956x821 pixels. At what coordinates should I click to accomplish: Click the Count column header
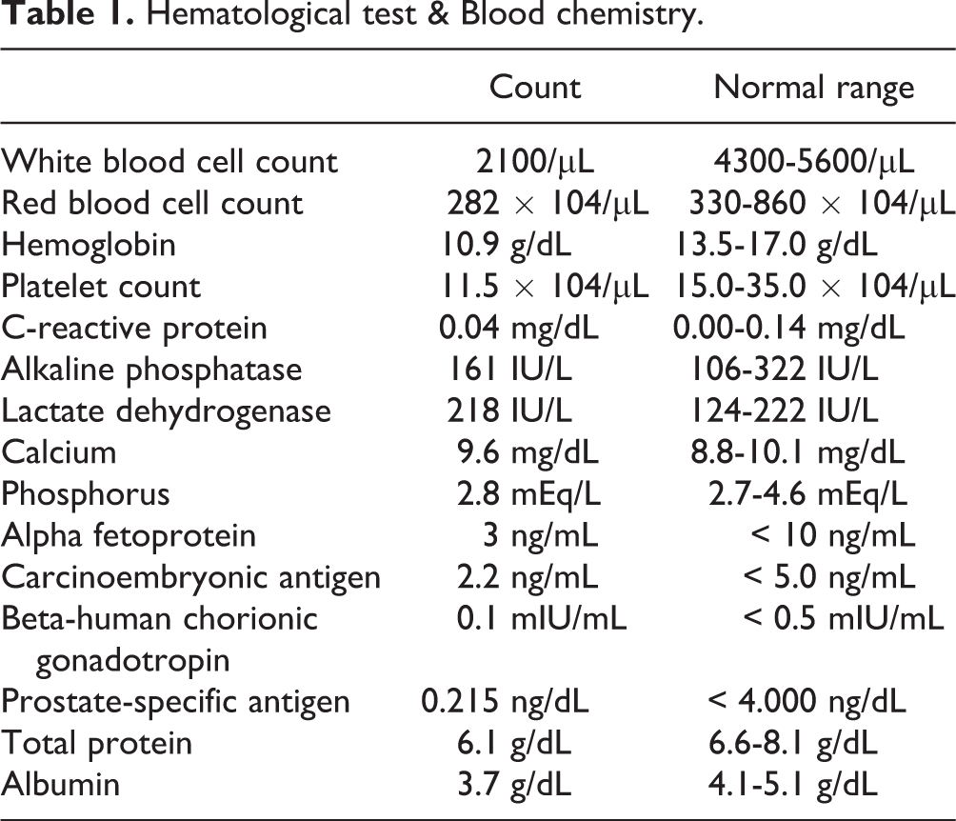(x=534, y=88)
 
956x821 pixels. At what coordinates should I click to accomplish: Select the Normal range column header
(x=813, y=88)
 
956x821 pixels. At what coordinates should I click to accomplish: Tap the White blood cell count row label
(x=169, y=161)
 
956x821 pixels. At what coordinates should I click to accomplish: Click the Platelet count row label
(x=101, y=286)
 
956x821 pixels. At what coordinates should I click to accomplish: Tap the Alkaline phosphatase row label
(x=151, y=370)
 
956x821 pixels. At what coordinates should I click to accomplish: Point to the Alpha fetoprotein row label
(x=129, y=535)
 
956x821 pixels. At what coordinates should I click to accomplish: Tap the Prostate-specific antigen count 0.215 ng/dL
(x=506, y=702)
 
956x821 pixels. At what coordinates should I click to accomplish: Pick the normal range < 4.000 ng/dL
(x=806, y=702)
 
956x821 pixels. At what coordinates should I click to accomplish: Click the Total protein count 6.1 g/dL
(x=519, y=743)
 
